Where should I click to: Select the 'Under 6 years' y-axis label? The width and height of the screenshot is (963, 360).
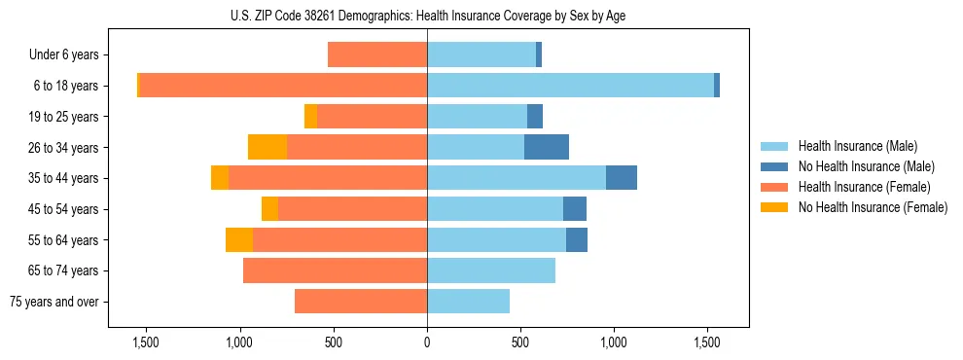click(x=63, y=55)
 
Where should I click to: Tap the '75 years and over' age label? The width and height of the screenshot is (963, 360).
click(x=54, y=302)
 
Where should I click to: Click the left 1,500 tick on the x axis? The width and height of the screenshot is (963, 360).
click(x=146, y=342)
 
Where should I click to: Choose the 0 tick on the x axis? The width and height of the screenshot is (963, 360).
click(x=427, y=342)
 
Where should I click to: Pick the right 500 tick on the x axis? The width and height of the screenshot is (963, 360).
click(x=520, y=342)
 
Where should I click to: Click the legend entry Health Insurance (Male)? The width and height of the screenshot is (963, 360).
click(x=857, y=146)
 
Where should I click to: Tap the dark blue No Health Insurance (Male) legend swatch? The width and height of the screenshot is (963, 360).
click(x=775, y=166)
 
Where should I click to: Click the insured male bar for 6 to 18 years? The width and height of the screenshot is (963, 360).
click(x=570, y=86)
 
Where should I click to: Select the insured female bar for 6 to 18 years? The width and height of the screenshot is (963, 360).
click(x=283, y=86)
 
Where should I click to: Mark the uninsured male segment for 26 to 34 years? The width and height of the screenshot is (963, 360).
click(x=547, y=147)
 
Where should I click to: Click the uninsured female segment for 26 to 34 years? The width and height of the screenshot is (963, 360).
click(x=267, y=147)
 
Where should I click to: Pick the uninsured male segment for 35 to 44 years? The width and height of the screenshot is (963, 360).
click(x=622, y=178)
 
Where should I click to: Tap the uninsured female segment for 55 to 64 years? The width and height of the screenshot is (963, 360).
click(x=239, y=239)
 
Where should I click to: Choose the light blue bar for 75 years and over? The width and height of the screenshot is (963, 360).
click(x=468, y=302)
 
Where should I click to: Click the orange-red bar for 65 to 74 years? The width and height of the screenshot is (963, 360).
click(x=335, y=270)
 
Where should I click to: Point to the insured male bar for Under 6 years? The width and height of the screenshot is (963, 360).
click(x=481, y=55)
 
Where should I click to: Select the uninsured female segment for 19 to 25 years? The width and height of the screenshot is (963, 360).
click(x=310, y=117)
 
